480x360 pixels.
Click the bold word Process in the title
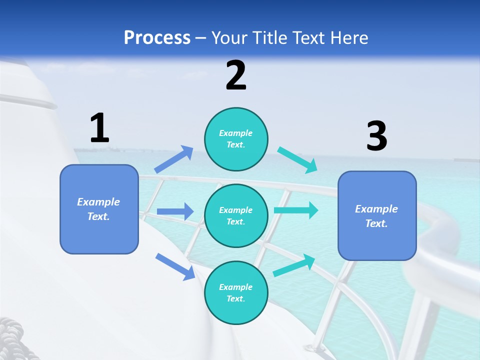click(157, 38)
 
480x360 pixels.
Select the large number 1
click(99, 128)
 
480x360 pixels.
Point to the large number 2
click(236, 75)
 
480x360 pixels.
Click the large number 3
click(376, 136)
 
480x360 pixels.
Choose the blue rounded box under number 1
click(99, 209)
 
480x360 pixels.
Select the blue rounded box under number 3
click(377, 215)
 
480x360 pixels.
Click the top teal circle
click(236, 139)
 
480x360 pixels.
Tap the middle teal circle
click(236, 215)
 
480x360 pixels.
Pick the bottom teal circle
click(236, 292)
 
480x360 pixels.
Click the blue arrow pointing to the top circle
click(174, 159)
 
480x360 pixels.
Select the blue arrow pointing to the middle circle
click(175, 211)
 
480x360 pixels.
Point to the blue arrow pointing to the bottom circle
click(175, 266)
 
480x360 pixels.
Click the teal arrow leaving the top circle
click(297, 159)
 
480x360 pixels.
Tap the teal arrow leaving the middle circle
click(295, 210)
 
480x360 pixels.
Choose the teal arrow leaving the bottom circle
click(294, 265)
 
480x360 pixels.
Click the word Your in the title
click(227, 38)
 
